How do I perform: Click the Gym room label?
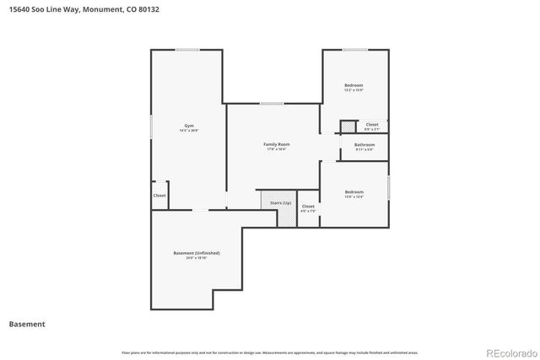pyautogui.click(x=189, y=126)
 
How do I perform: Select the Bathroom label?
pyautogui.click(x=364, y=144)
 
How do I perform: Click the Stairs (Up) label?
pyautogui.click(x=280, y=203)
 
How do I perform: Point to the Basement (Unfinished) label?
pyautogui.click(x=196, y=253)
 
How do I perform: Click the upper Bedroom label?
pyautogui.click(x=354, y=85)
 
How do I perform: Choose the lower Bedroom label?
pyautogui.click(x=354, y=191)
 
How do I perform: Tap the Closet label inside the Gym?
pyautogui.click(x=159, y=196)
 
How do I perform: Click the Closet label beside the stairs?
pyautogui.click(x=308, y=206)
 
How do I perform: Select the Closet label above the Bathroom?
pyautogui.click(x=371, y=125)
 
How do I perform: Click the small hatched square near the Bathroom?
pyautogui.click(x=345, y=127)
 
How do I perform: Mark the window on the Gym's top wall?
pyautogui.click(x=187, y=50)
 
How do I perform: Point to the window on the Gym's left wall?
pyautogui.click(x=151, y=126)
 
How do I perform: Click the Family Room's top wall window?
pyautogui.click(x=271, y=104)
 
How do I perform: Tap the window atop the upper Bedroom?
pyautogui.click(x=354, y=50)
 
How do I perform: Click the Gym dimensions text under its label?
pyautogui.click(x=189, y=131)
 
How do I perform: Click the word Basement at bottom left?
pyautogui.click(x=27, y=324)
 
